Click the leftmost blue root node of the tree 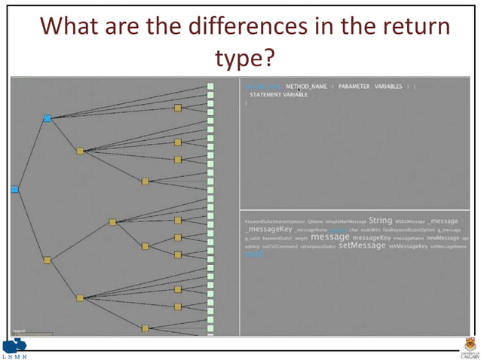pyautogui.click(x=14, y=189)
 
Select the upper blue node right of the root pyautogui.click(x=47, y=118)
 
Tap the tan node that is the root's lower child pyautogui.click(x=47, y=260)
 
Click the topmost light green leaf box pyautogui.click(x=210, y=87)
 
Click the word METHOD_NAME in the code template pyautogui.click(x=307, y=87)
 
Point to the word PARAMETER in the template pyautogui.click(x=354, y=87)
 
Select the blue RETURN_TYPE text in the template pyautogui.click(x=263, y=87)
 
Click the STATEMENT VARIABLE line pyautogui.click(x=279, y=95)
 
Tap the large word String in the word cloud pyautogui.click(x=380, y=220)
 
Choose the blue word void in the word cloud pyautogui.click(x=254, y=255)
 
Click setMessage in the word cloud pyautogui.click(x=362, y=246)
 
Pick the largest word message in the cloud pyautogui.click(x=329, y=237)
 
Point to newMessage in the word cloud pyautogui.click(x=443, y=237)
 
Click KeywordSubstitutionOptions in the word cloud pyautogui.click(x=274, y=221)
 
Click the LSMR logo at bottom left pyautogui.click(x=14, y=349)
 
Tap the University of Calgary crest pyautogui.click(x=467, y=346)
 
